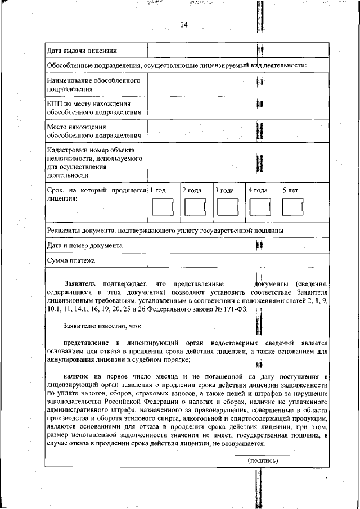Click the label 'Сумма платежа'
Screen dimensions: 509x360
71,260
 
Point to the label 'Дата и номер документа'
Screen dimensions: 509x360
85,246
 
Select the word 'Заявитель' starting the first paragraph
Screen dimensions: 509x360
82,283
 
